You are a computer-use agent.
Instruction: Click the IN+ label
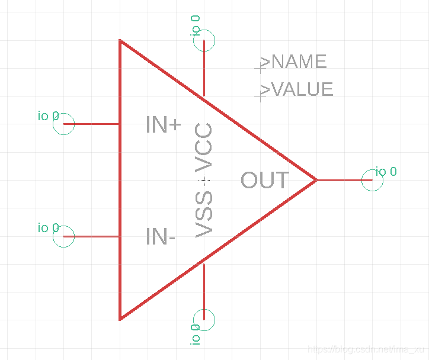coord(163,125)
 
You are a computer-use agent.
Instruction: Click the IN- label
coord(160,237)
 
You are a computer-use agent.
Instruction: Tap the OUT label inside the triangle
coord(265,180)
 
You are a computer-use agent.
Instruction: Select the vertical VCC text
coord(204,147)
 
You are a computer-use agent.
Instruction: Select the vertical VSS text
coord(204,214)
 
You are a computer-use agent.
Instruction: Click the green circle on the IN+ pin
coord(64,124)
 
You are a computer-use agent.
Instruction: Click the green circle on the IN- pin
coord(64,236)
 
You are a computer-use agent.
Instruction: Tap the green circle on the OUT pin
coord(372,179)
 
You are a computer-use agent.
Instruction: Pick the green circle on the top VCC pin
coord(204,41)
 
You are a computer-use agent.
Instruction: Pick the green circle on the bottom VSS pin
coord(204,320)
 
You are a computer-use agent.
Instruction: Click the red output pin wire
coord(344,179)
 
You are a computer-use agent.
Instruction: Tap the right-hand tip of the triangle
coord(315,179)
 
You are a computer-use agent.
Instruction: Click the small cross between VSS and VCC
coord(204,179)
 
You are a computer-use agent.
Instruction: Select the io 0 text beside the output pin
coord(386,172)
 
